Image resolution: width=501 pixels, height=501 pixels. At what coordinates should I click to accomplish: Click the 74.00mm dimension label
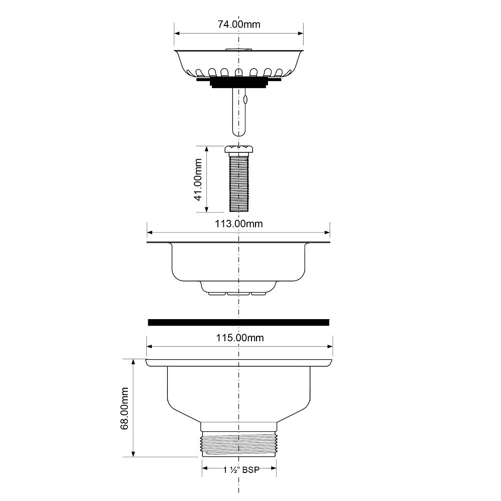pyautogui.click(x=239, y=24)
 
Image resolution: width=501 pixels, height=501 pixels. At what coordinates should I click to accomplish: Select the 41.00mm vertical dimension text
pyautogui.click(x=198, y=179)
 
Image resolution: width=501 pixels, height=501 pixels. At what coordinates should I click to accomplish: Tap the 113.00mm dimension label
pyautogui.click(x=238, y=223)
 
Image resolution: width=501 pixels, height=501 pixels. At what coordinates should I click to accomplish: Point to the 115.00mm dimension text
pyautogui.click(x=240, y=338)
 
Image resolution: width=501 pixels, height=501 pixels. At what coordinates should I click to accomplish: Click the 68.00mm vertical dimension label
pyautogui.click(x=124, y=408)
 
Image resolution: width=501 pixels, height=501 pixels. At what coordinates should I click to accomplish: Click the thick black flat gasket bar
pyautogui.click(x=238, y=322)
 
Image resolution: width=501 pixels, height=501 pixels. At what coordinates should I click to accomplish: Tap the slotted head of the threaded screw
pyautogui.click(x=238, y=149)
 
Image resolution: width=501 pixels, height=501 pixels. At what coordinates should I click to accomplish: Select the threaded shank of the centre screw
pyautogui.click(x=238, y=182)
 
